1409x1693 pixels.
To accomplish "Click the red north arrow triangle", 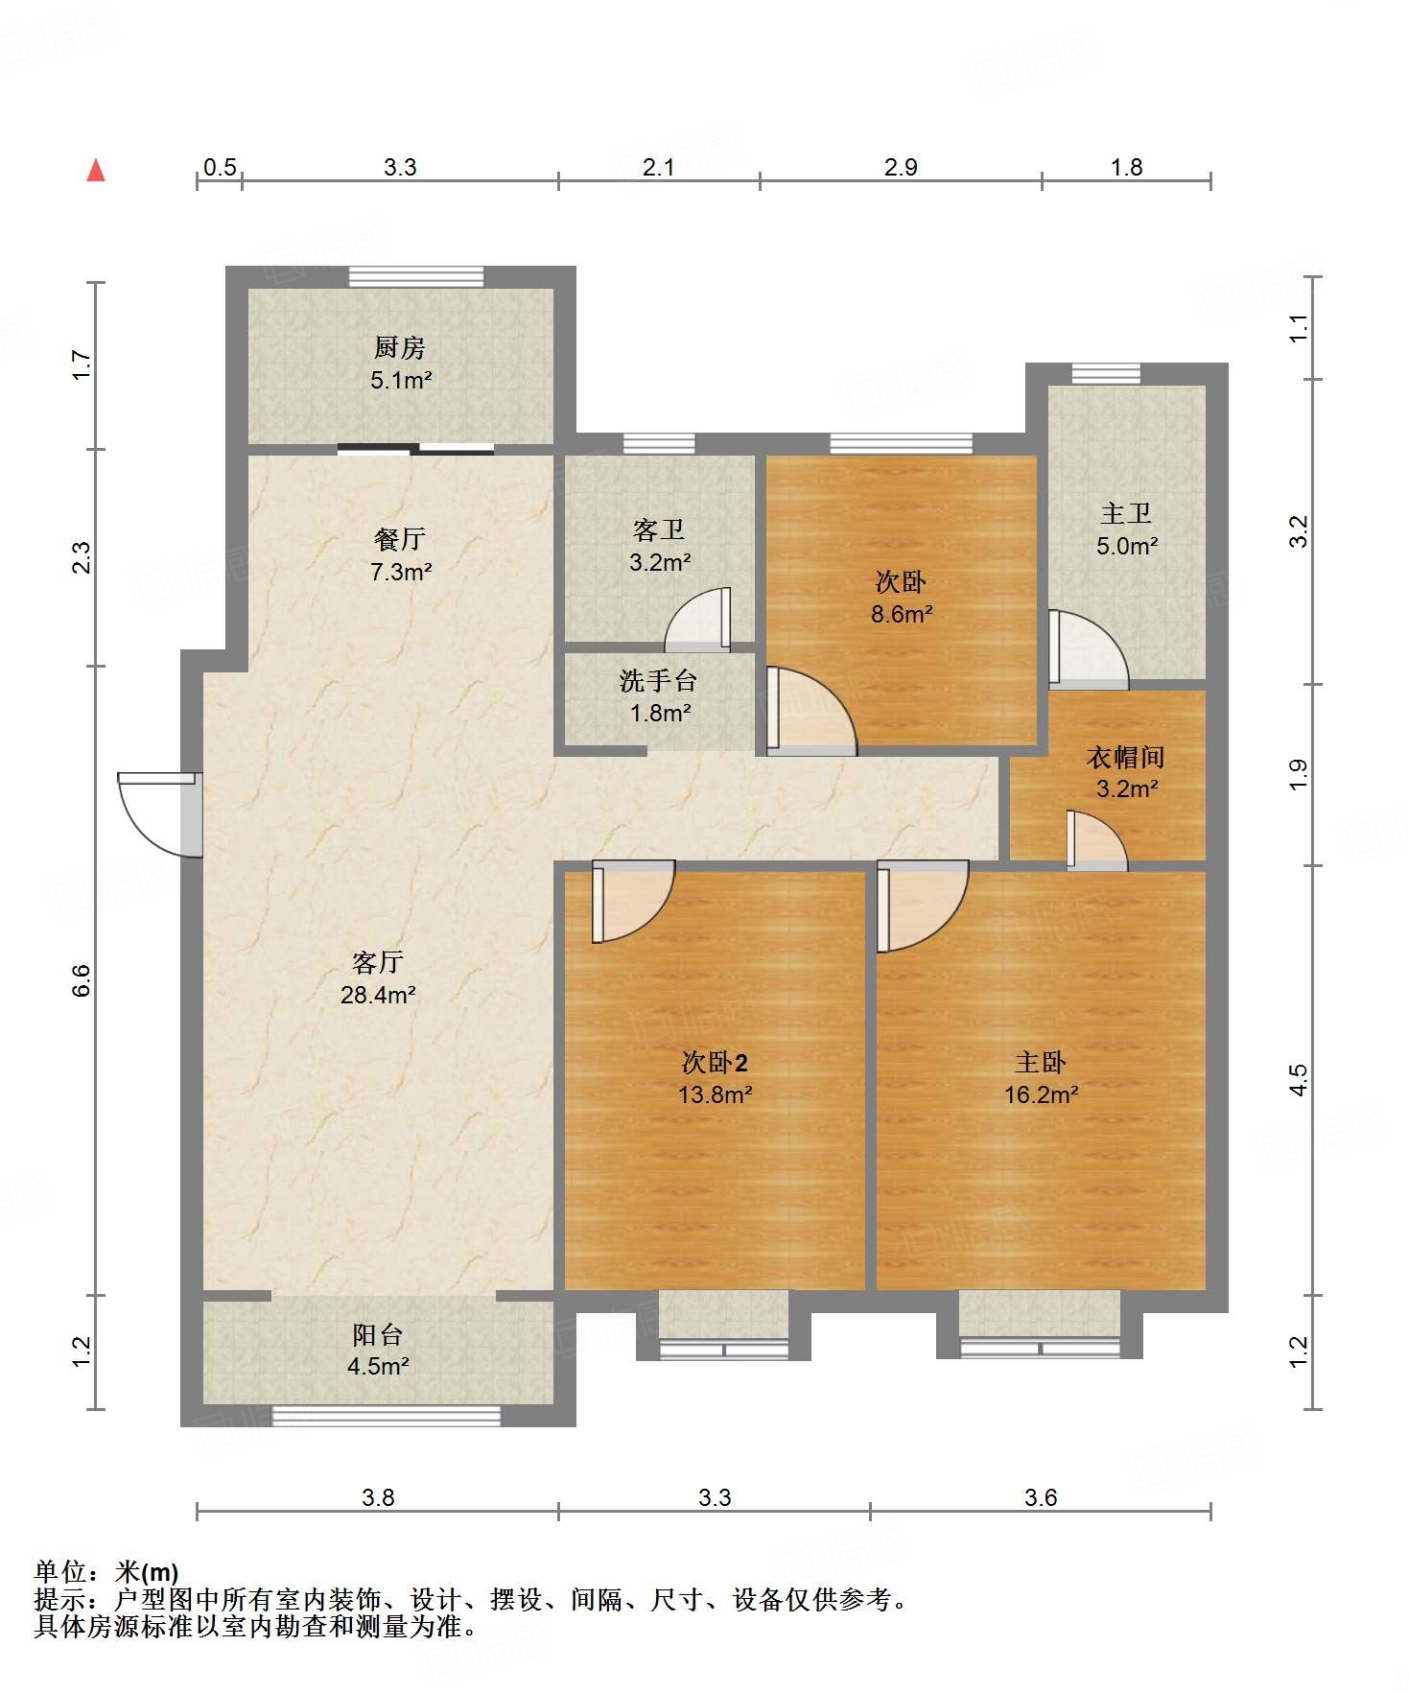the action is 96,170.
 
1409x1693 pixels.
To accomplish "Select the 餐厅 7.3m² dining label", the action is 401,554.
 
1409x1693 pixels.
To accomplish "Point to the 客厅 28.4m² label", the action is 378,977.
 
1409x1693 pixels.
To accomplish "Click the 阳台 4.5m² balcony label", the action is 378,1350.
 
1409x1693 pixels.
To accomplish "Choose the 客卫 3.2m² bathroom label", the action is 660,546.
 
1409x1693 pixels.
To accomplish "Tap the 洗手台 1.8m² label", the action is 660,696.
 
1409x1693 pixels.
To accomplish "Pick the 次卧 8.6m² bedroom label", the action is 902,598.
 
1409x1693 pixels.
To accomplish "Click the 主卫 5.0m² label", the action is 1127,529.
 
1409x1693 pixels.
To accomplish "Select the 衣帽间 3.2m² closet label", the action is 1127,772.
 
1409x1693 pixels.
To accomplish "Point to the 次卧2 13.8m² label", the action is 715,1077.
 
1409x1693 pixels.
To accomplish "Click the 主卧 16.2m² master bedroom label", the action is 1042,1077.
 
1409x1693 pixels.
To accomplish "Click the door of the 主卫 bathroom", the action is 1089,649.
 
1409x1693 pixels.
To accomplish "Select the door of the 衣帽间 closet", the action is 1097,841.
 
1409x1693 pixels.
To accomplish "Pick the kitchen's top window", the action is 415,276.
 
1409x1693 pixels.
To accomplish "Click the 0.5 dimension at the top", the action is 220,167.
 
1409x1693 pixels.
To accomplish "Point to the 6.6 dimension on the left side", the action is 81,980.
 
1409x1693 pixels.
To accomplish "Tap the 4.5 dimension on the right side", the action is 1298,1081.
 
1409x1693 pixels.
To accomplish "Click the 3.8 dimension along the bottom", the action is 378,1497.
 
